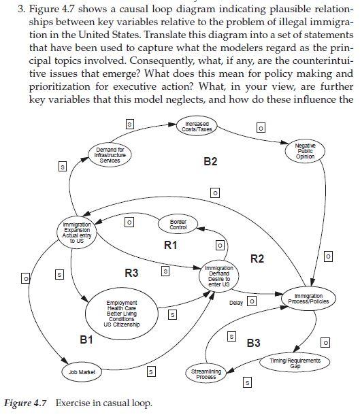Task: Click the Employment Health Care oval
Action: tap(122, 314)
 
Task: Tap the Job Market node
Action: tap(81, 372)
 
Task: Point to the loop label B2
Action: tap(210, 161)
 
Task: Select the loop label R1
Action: tap(170, 244)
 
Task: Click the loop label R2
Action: tap(257, 258)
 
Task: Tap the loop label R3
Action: tap(132, 273)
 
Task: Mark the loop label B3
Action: tap(253, 343)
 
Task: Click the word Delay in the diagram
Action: tap(236, 302)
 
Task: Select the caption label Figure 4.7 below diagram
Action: tap(27, 403)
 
